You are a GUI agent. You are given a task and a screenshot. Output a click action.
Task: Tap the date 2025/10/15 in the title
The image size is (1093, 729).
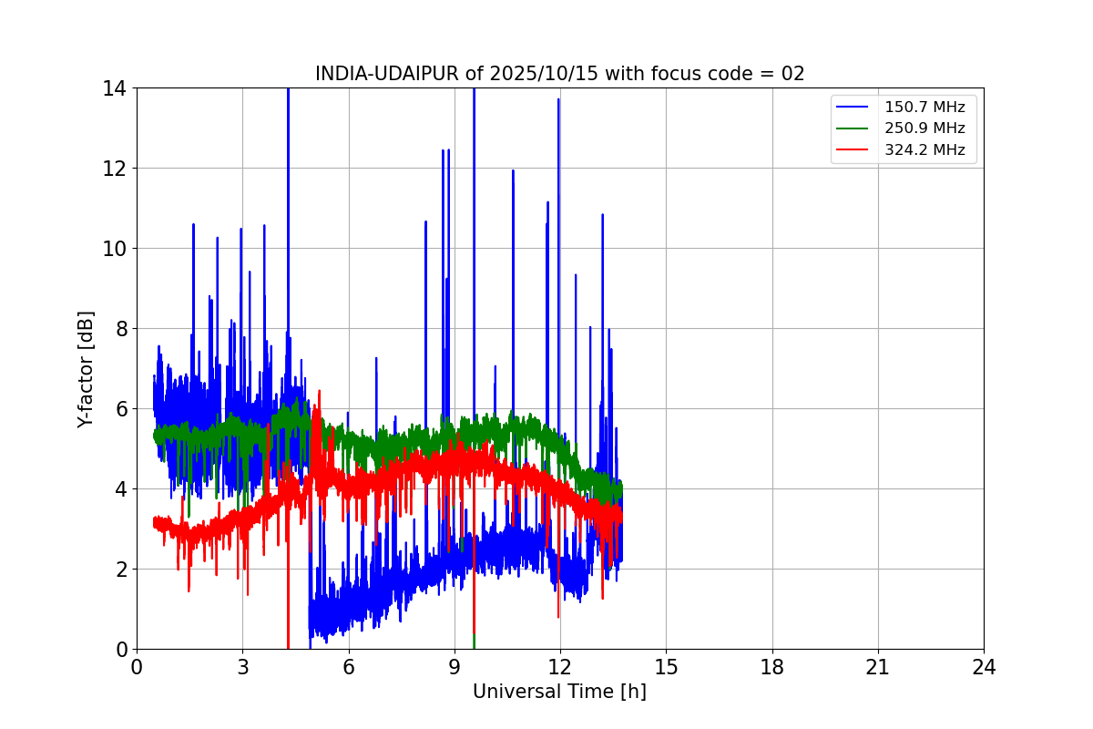(x=517, y=74)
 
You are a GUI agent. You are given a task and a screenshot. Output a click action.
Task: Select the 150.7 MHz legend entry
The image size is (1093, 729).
(x=924, y=108)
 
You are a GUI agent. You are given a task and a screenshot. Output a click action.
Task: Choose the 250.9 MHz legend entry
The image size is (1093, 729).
(x=924, y=128)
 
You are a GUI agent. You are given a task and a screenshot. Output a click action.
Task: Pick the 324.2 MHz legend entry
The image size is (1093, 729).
(x=924, y=150)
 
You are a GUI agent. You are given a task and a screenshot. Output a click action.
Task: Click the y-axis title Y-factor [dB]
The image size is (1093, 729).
(x=86, y=369)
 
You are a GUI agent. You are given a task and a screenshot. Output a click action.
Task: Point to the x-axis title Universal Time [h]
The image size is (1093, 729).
(x=559, y=692)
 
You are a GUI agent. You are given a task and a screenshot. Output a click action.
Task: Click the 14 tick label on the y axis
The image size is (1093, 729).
(x=115, y=88)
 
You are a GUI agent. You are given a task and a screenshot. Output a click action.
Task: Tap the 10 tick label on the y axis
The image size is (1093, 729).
(x=115, y=249)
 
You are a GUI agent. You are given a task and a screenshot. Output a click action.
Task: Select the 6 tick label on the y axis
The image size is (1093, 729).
(x=120, y=409)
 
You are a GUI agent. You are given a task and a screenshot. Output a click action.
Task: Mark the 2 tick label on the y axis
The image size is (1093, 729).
(x=120, y=570)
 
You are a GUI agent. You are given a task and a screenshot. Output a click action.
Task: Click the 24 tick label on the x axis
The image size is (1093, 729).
(x=984, y=667)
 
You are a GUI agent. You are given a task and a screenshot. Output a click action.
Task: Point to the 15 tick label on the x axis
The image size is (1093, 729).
(x=666, y=667)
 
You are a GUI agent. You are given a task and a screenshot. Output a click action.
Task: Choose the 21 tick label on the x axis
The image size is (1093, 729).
(x=878, y=667)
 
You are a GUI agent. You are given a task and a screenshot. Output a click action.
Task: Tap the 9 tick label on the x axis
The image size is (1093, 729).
(x=455, y=667)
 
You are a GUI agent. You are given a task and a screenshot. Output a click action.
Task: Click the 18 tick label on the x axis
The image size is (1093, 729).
(x=772, y=667)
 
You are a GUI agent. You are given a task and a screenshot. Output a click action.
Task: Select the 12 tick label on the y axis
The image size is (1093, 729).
(x=115, y=169)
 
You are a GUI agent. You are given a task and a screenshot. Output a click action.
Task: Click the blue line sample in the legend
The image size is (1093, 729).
(x=854, y=108)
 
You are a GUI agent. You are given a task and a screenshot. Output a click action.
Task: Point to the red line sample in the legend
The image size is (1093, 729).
(x=854, y=150)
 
